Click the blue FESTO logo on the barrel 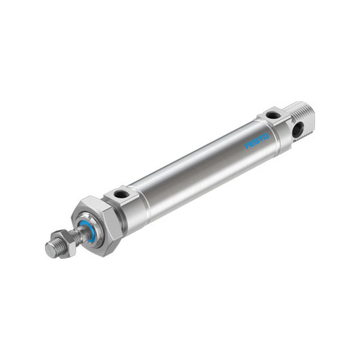point(256,141)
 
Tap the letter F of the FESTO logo point(247,146)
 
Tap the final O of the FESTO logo point(265,136)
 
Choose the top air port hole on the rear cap point(273,115)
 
